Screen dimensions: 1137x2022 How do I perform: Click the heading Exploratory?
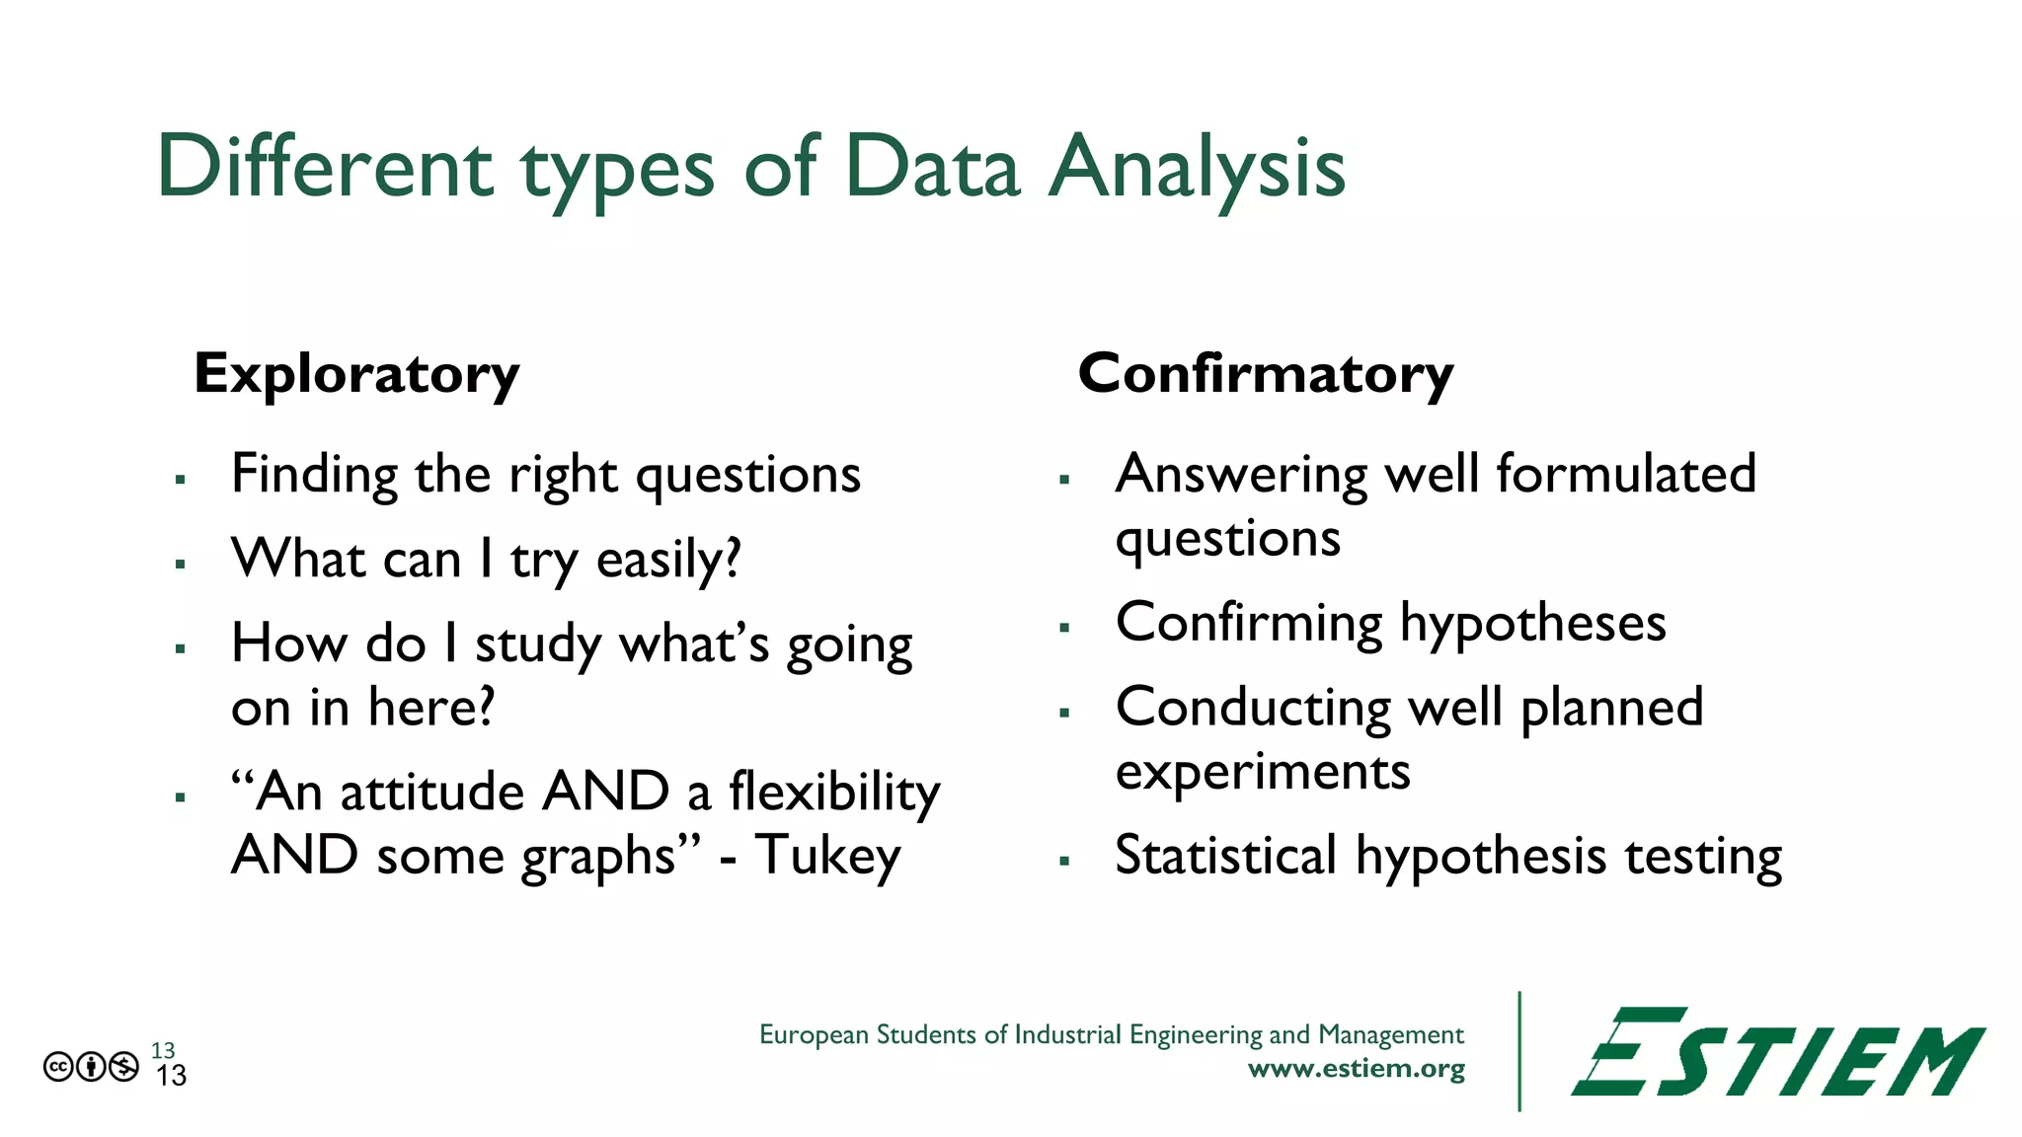click(356, 375)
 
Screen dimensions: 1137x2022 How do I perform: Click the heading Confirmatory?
click(1265, 375)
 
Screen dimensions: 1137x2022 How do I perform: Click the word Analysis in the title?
click(1196, 168)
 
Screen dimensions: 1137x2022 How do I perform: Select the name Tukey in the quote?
click(827, 856)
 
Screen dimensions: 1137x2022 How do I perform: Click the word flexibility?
click(834, 792)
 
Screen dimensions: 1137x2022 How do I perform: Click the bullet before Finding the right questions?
click(181, 480)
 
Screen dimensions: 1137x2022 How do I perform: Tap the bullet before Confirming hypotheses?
click(1064, 627)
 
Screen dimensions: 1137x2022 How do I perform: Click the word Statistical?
click(1225, 855)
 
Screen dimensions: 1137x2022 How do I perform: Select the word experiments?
click(1263, 772)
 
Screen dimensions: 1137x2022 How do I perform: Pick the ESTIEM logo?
click(1777, 1053)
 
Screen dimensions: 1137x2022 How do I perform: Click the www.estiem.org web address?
click(1356, 1069)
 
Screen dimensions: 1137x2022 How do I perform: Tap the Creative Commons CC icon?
click(58, 1067)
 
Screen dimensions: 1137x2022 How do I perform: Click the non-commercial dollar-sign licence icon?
click(124, 1067)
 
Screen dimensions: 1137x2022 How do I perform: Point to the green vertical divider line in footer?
click(1518, 1051)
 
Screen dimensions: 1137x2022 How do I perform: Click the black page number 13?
click(171, 1076)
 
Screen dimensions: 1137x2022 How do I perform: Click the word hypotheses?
click(1532, 624)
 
